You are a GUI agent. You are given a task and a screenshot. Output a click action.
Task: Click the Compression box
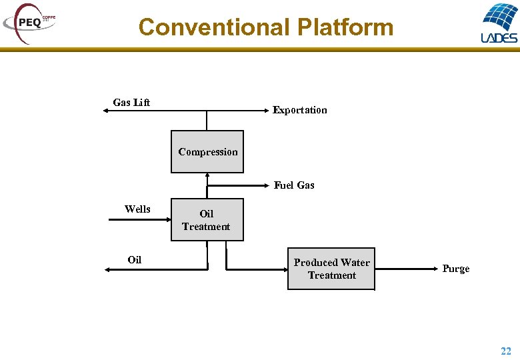[207, 152]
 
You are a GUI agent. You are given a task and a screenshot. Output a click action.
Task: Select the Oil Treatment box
[207, 220]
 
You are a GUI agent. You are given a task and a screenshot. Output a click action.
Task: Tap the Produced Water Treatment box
[331, 269]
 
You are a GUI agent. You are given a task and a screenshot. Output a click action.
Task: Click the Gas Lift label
[131, 102]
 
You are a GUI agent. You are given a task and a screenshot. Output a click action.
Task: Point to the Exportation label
[299, 110]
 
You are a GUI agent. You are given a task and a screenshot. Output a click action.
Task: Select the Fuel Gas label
[294, 185]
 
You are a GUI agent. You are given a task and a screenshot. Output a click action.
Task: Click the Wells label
[137, 209]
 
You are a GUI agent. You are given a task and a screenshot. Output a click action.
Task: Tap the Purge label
[456, 269]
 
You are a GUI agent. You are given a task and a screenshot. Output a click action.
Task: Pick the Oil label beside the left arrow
[135, 260]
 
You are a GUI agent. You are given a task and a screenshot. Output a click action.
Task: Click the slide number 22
[506, 351]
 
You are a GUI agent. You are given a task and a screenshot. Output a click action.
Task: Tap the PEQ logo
[30, 22]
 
